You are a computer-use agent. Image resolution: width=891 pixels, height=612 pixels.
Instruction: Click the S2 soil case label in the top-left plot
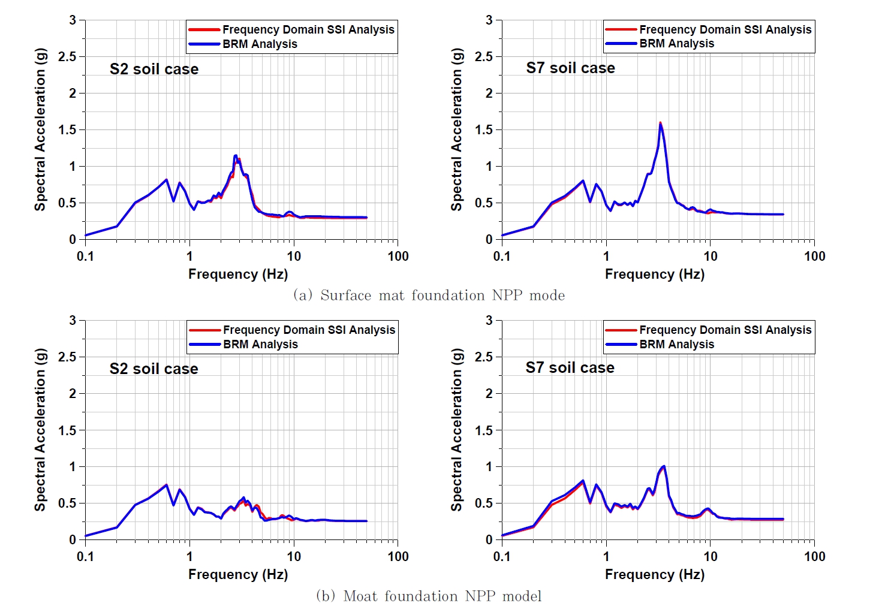point(153,69)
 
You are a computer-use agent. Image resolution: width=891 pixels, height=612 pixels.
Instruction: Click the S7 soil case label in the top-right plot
point(570,68)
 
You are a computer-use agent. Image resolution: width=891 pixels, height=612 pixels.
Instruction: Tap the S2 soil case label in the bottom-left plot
point(153,369)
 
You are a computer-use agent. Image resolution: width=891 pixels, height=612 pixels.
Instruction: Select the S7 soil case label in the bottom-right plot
point(570,367)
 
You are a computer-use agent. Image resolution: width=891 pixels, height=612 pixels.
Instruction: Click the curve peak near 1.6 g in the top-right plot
point(660,123)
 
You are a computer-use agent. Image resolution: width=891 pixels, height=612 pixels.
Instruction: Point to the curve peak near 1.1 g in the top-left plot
point(236,156)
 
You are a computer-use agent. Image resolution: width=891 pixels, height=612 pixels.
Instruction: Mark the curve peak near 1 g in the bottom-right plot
point(663,466)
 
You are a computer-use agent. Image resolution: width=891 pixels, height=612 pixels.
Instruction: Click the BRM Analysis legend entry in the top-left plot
point(259,44)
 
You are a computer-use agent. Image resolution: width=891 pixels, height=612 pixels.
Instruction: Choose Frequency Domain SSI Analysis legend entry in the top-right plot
point(725,29)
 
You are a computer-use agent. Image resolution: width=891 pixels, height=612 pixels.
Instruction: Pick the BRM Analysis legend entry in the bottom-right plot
point(676,344)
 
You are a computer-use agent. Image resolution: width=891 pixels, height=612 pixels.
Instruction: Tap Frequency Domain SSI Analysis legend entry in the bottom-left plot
point(309,330)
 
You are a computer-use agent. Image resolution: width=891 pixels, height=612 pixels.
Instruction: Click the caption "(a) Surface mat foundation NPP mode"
point(429,295)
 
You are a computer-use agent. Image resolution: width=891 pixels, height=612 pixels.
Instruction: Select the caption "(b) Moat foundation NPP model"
point(429,596)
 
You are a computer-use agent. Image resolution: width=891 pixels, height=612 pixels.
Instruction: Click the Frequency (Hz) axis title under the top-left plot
point(238,274)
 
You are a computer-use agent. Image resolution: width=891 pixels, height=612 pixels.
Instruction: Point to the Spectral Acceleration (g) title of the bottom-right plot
point(457,429)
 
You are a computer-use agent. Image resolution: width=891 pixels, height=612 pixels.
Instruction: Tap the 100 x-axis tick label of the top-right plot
point(814,257)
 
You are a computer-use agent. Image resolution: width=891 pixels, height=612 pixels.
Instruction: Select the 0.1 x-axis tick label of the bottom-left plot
point(85,557)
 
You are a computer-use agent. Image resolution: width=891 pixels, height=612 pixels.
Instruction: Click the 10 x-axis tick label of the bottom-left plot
point(294,557)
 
